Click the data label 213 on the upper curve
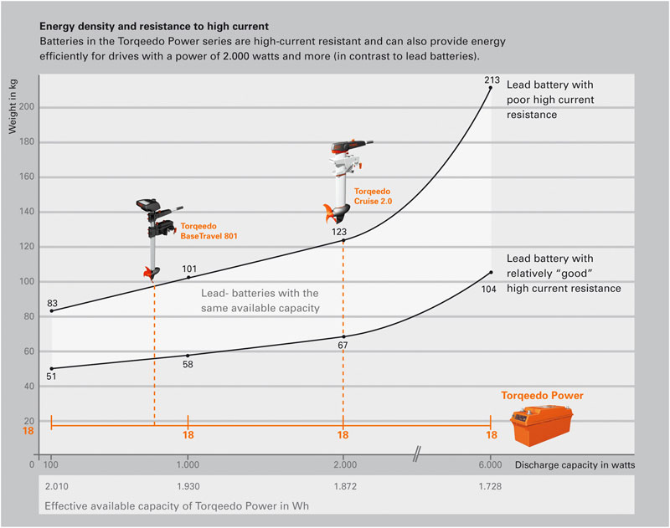pyautogui.click(x=492, y=80)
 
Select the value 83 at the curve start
pyautogui.click(x=52, y=303)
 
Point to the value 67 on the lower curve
pyautogui.click(x=343, y=345)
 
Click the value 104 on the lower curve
pyautogui.click(x=491, y=288)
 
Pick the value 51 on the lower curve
pyautogui.click(x=52, y=377)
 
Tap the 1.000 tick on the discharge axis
pyautogui.click(x=188, y=464)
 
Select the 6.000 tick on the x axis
pyautogui.click(x=490, y=464)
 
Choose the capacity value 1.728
pyautogui.click(x=490, y=486)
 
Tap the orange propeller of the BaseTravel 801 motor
pyautogui.click(x=149, y=273)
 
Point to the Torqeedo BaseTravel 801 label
pyautogui.click(x=209, y=232)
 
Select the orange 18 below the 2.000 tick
pyautogui.click(x=343, y=436)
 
